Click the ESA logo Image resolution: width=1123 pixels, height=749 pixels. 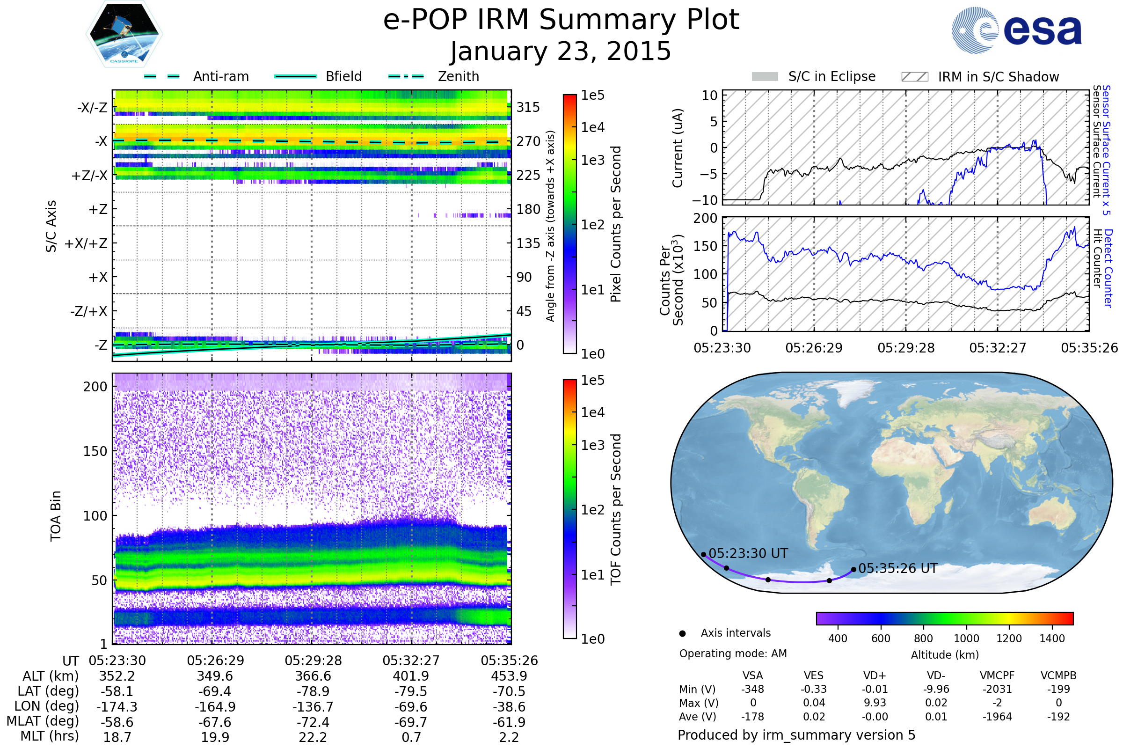pyautogui.click(x=1016, y=29)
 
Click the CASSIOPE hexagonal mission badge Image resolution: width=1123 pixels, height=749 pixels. pyautogui.click(x=124, y=34)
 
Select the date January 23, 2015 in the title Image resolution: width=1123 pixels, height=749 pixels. pyautogui.click(x=561, y=51)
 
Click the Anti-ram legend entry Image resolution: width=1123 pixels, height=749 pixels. pyautogui.click(x=196, y=76)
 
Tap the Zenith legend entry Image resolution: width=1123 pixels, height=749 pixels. pyautogui.click(x=434, y=76)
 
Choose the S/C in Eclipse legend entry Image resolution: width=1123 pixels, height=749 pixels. pyautogui.click(x=814, y=76)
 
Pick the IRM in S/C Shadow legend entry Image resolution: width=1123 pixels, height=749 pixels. pyautogui.click(x=980, y=76)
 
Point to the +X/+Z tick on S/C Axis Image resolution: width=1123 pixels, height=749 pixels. pyautogui.click(x=86, y=243)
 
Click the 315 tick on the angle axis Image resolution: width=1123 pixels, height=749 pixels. pyautogui.click(x=528, y=107)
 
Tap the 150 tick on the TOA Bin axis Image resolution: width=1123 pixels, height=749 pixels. pyautogui.click(x=95, y=451)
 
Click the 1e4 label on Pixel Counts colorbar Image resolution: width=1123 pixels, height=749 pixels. pyautogui.click(x=592, y=127)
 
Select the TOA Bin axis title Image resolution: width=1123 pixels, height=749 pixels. pyautogui.click(x=55, y=515)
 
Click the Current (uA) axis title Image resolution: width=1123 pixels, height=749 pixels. pyautogui.click(x=678, y=148)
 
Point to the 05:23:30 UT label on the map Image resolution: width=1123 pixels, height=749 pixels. pyautogui.click(x=748, y=554)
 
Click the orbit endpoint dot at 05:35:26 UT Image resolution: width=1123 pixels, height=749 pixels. pyautogui.click(x=853, y=569)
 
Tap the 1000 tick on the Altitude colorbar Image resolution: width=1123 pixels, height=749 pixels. pyautogui.click(x=966, y=639)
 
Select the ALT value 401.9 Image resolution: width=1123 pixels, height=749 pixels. pyautogui.click(x=411, y=676)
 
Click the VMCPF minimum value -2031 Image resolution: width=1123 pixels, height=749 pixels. pyautogui.click(x=998, y=689)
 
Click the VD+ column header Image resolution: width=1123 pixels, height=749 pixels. pyautogui.click(x=875, y=676)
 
